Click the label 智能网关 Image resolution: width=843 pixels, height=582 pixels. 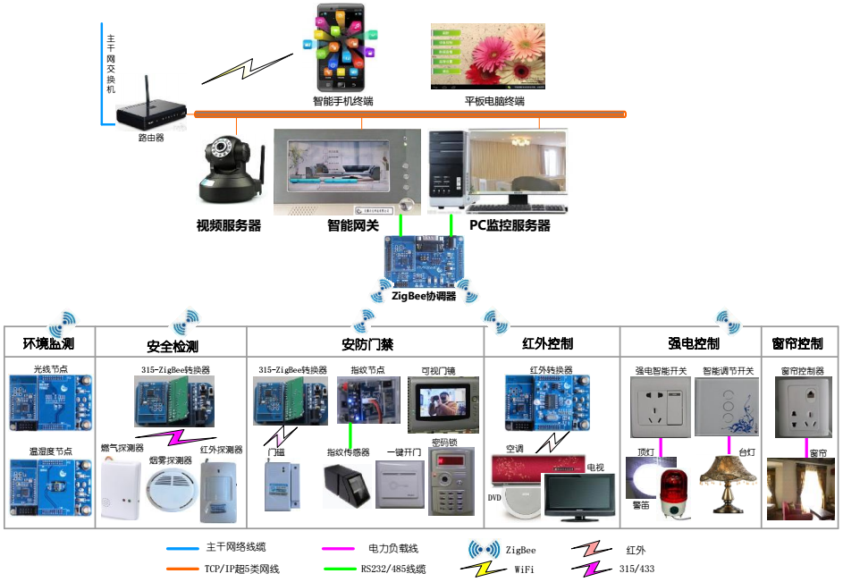(x=354, y=226)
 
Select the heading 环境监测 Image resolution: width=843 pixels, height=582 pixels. (x=48, y=343)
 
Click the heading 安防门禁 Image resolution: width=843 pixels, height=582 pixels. (x=367, y=344)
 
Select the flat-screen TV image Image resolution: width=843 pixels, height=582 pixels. (x=579, y=496)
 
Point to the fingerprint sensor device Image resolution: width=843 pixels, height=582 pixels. (x=350, y=487)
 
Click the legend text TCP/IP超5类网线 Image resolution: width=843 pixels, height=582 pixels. (x=242, y=569)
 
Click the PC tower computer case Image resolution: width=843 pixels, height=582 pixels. (x=447, y=166)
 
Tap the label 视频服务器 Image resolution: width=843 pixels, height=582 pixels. (x=229, y=226)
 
